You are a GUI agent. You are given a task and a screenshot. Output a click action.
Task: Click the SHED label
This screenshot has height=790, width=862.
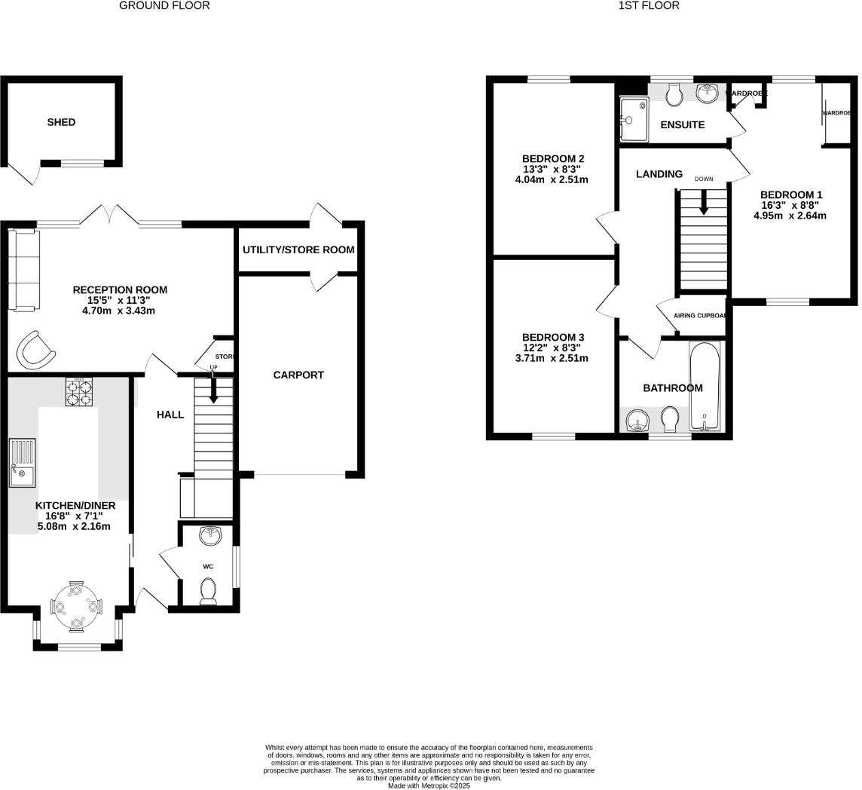click(61, 122)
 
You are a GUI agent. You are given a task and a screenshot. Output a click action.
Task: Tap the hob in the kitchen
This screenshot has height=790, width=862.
click(78, 392)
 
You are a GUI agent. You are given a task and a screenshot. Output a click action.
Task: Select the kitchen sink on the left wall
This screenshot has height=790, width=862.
click(22, 463)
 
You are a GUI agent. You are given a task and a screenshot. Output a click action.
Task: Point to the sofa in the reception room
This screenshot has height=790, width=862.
click(23, 271)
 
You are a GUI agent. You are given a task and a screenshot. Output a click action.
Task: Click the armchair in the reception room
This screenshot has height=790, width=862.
click(35, 349)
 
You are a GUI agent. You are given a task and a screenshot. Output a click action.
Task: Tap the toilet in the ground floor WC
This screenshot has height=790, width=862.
click(209, 590)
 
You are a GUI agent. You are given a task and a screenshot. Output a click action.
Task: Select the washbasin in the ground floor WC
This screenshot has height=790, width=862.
click(210, 536)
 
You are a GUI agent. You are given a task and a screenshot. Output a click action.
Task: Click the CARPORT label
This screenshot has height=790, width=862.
click(298, 375)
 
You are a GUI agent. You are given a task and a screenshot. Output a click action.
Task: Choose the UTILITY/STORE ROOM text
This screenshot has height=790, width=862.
click(298, 250)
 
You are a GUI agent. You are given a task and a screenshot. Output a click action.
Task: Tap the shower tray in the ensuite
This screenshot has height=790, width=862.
click(634, 119)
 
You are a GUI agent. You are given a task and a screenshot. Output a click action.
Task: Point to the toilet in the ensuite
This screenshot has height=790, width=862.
click(674, 93)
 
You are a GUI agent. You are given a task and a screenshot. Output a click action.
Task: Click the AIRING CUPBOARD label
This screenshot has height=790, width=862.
click(700, 316)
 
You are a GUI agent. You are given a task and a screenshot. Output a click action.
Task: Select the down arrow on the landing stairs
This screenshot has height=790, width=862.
click(704, 202)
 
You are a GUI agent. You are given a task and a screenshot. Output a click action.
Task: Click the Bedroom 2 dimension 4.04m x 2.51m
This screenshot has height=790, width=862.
click(552, 180)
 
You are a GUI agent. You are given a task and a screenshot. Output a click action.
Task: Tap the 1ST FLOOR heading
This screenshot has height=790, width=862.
click(649, 6)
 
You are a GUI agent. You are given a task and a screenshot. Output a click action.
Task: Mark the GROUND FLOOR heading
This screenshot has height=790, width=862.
click(164, 6)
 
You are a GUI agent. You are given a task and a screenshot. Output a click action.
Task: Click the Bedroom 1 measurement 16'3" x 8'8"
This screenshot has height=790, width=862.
click(790, 204)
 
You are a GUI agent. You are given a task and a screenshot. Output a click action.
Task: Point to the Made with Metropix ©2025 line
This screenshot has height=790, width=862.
click(429, 785)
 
